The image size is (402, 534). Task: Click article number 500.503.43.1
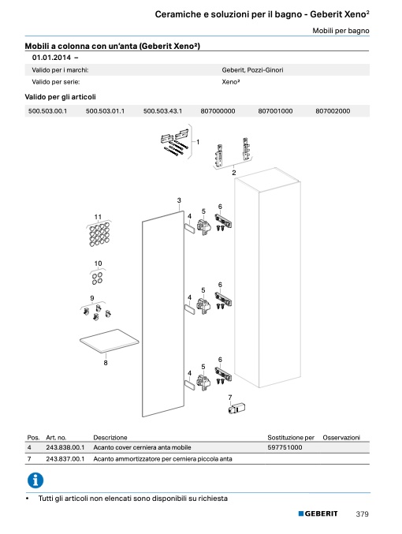tap(162, 111)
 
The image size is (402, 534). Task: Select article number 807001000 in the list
tap(275, 111)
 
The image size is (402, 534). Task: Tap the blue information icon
tap(35, 480)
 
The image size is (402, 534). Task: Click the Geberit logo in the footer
tap(318, 513)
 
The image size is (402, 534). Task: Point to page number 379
tap(362, 514)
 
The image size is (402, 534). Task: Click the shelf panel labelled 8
tap(110, 341)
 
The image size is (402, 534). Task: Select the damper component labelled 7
tap(236, 408)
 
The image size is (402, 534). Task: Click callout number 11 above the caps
tap(98, 217)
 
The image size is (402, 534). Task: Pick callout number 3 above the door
tap(179, 200)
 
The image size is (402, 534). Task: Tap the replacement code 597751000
tap(285, 447)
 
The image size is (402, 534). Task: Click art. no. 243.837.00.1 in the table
tap(65, 459)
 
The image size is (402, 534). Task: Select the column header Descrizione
tap(110, 438)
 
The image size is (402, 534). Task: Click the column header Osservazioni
tap(341, 438)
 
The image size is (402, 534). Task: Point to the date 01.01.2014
tap(51, 58)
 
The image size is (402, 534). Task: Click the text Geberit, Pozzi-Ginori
tap(252, 70)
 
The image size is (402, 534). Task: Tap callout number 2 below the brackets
tap(234, 173)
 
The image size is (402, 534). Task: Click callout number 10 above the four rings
tap(98, 263)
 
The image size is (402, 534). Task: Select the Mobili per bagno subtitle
tap(341, 31)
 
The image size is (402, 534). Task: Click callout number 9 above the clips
tap(92, 298)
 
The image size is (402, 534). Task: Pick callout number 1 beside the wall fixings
tap(198, 142)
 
